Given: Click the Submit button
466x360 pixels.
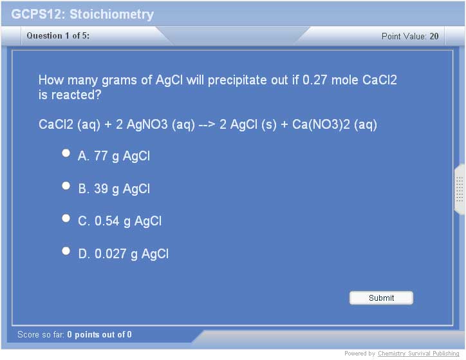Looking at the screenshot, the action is pos(381,298).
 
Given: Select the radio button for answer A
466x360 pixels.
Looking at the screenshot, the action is pos(66,153).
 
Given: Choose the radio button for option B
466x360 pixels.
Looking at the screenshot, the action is pos(66,186).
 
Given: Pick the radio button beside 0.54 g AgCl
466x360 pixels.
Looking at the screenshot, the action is pos(66,218).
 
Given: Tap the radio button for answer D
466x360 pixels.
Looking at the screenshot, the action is pos(66,251).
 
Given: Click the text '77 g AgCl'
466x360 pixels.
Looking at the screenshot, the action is pos(122,156).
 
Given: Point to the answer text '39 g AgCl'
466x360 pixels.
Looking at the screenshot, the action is pos(122,189).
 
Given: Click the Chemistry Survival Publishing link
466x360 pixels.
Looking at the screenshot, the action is pos(418,354).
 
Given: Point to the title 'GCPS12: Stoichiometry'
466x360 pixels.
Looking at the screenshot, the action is pos(82,14).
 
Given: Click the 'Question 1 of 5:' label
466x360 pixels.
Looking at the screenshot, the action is pos(58,35).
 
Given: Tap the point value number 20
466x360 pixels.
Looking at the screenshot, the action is pos(434,36).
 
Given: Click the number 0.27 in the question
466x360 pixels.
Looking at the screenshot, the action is pos(315,80).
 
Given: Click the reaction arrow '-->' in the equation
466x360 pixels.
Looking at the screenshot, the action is pos(207,124).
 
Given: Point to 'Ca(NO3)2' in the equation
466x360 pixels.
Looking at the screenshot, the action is pos(321,124).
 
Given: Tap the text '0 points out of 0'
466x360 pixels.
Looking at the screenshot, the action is pos(99,335).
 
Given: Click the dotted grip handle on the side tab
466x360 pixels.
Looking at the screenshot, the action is pos(460,189).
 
